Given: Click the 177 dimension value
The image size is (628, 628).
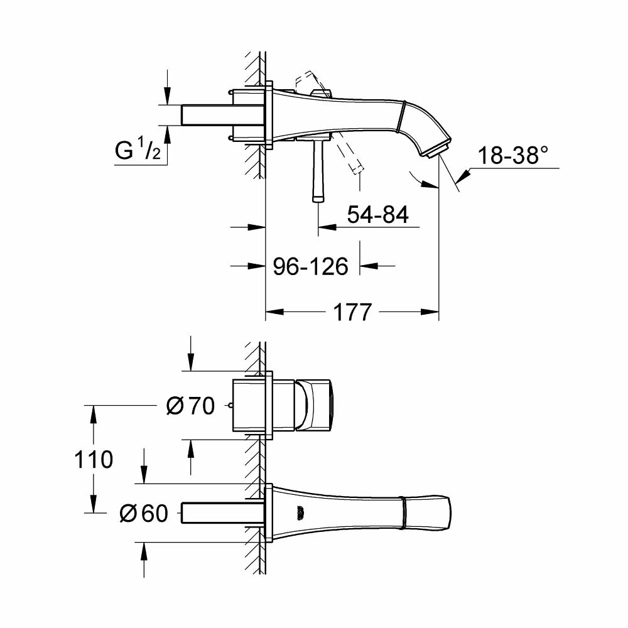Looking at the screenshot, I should tap(352, 312).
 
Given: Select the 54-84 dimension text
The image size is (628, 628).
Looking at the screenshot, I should tap(378, 215).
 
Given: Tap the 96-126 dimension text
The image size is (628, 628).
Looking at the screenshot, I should tap(310, 266).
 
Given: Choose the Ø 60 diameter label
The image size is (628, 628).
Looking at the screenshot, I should tap(143, 514).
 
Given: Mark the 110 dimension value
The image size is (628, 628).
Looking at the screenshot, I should tap(94, 460).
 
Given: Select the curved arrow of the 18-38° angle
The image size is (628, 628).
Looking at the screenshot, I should tap(422, 180).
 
